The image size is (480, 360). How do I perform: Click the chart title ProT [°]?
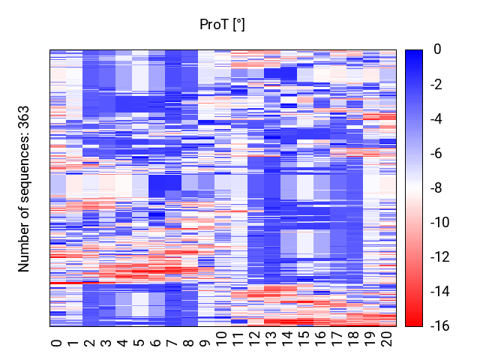point(222,25)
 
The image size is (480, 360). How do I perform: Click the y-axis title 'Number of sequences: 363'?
point(23,189)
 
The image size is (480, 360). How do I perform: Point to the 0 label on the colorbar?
point(437,49)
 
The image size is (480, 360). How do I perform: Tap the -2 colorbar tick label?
point(436,84)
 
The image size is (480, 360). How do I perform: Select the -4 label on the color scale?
point(436,118)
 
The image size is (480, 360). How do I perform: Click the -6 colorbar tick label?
point(436,153)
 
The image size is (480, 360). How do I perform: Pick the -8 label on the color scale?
point(436,187)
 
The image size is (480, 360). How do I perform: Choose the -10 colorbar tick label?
point(440,222)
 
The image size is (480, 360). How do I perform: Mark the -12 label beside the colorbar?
point(440,256)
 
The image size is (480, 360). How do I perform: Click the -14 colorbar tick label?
point(440,292)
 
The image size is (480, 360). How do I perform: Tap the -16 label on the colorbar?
point(440,326)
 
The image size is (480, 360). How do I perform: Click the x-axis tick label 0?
point(57,343)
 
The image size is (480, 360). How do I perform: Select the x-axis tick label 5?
point(139,343)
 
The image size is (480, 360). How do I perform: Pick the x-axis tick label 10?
point(222,339)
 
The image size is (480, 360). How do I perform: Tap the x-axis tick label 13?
point(271,339)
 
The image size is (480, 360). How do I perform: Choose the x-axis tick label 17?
point(337,339)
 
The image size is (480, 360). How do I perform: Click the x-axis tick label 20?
point(387,339)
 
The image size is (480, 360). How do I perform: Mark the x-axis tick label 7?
point(172,343)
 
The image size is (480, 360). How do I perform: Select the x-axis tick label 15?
point(304,339)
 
